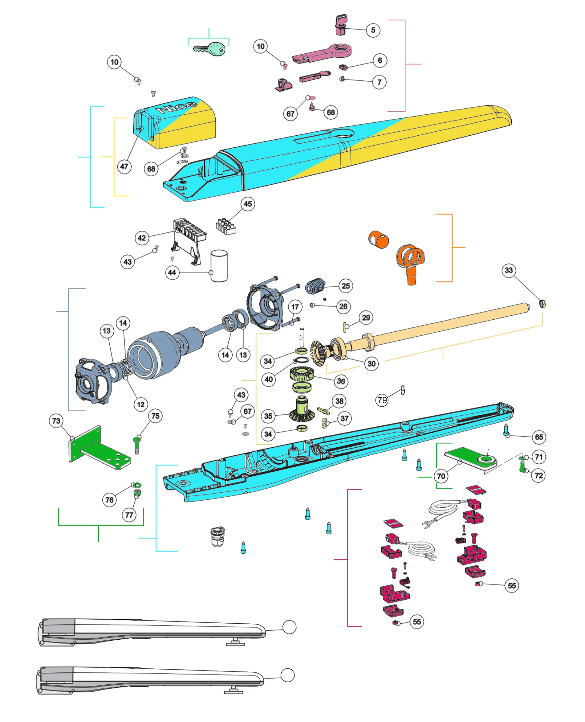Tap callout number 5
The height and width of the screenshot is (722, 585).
[373, 30]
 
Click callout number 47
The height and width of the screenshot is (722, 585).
[124, 166]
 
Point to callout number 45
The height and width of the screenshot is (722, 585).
[248, 204]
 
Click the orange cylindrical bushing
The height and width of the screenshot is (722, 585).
[378, 240]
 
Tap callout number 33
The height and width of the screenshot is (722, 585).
[509, 270]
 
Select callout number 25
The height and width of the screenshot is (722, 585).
[346, 286]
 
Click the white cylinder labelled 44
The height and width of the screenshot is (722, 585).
[219, 265]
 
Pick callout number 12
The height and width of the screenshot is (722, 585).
[141, 404]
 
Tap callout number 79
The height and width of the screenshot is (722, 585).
[382, 400]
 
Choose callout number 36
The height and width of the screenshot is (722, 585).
[341, 381]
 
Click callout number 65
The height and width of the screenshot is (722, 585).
[539, 437]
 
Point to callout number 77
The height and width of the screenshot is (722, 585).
[129, 515]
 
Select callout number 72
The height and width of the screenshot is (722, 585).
[539, 475]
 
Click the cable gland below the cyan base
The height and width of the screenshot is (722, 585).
[217, 536]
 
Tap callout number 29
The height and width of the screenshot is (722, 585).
[366, 318]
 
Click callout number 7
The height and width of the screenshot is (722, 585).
[380, 82]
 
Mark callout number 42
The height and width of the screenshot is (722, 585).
[142, 238]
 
